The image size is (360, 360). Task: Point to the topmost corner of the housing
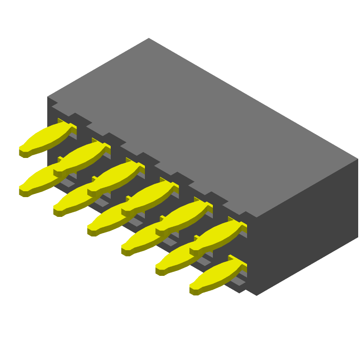(149, 38)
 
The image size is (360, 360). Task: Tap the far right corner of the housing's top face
(358, 158)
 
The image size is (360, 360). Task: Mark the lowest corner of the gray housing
(256, 296)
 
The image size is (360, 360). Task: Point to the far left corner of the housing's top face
(48, 97)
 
